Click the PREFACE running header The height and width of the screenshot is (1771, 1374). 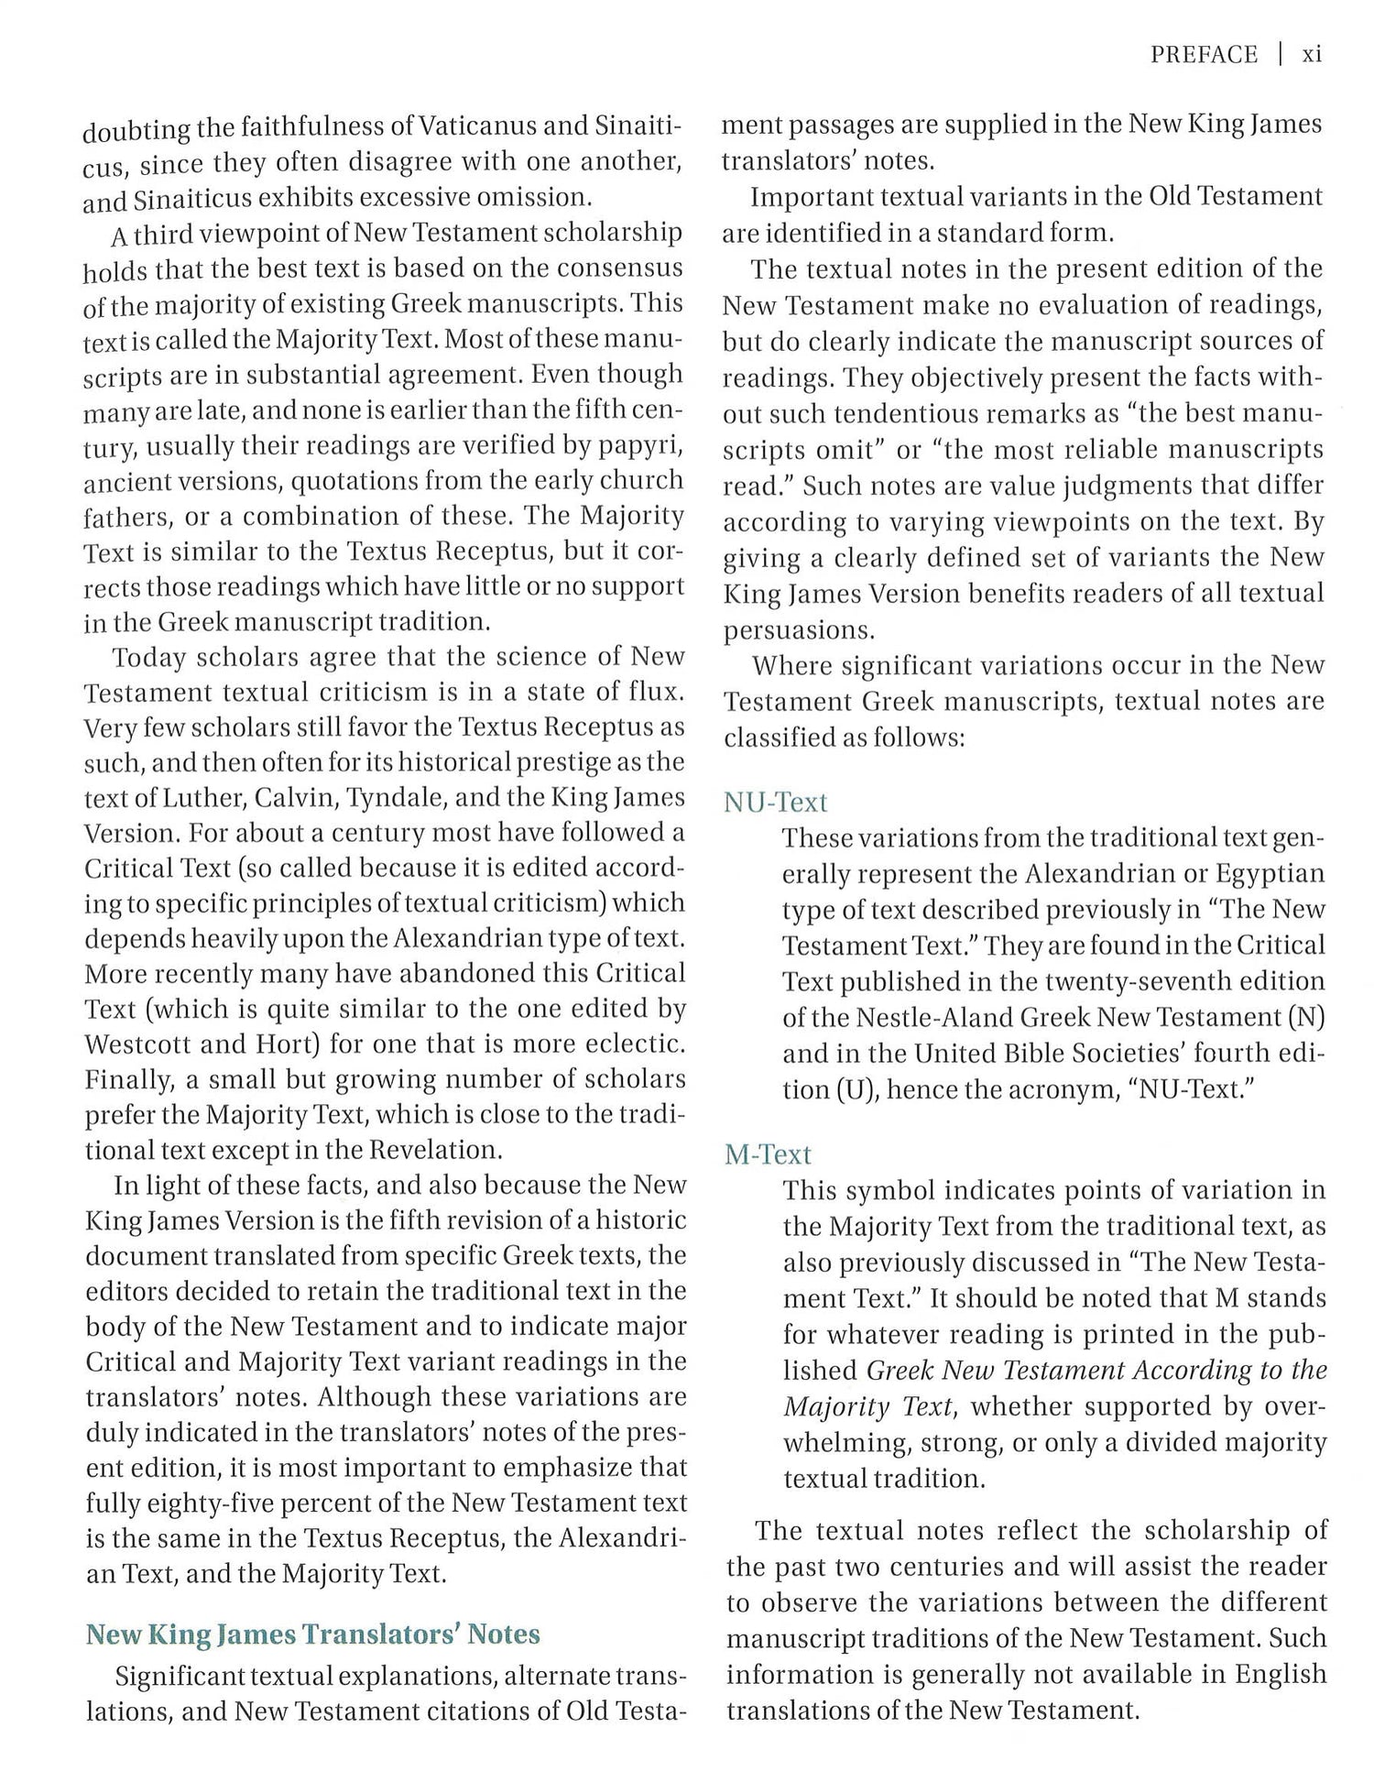pos(1204,55)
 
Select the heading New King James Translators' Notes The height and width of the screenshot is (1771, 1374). pos(312,1634)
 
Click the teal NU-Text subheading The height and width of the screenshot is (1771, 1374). pos(775,803)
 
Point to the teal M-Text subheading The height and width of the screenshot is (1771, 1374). pos(768,1154)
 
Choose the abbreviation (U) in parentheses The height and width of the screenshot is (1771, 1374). pos(854,1090)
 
